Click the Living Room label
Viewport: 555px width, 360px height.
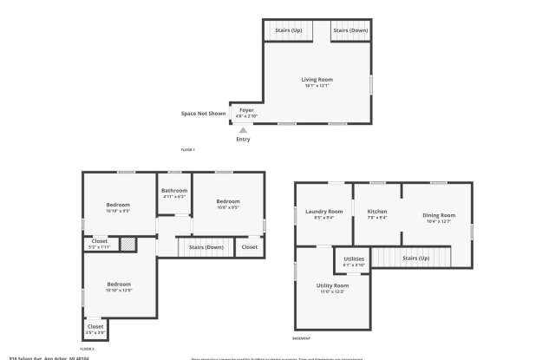317,80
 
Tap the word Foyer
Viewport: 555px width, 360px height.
246,110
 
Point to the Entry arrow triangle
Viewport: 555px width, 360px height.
243,131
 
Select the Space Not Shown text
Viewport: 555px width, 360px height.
203,114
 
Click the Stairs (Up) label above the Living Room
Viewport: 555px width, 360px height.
288,30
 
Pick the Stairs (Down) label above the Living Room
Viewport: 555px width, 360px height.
349,30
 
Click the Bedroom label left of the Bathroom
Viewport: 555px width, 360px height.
118,205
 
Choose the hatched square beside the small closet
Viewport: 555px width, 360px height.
127,245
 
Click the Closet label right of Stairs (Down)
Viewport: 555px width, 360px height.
249,247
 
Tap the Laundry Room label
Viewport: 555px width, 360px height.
323,212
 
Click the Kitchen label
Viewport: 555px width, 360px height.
376,212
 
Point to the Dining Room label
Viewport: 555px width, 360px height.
439,214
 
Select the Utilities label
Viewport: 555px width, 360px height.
354,259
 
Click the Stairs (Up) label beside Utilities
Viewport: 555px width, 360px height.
416,258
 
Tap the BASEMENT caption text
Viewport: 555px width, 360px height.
301,338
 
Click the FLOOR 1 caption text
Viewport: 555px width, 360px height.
187,150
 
